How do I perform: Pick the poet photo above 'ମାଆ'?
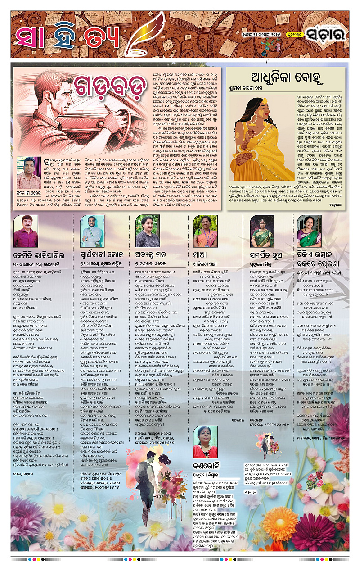coord(205,231)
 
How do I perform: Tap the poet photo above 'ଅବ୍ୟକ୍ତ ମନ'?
coord(148,231)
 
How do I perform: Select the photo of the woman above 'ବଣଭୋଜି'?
coord(205,442)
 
